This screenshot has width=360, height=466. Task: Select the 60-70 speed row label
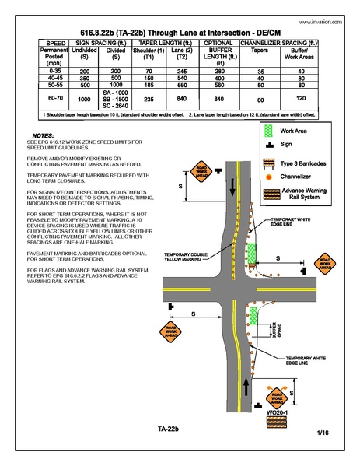[x=33, y=100]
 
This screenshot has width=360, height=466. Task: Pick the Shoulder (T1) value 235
[x=145, y=100]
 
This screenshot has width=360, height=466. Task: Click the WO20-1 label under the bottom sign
[x=277, y=411]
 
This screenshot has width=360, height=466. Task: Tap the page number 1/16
[x=323, y=432]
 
